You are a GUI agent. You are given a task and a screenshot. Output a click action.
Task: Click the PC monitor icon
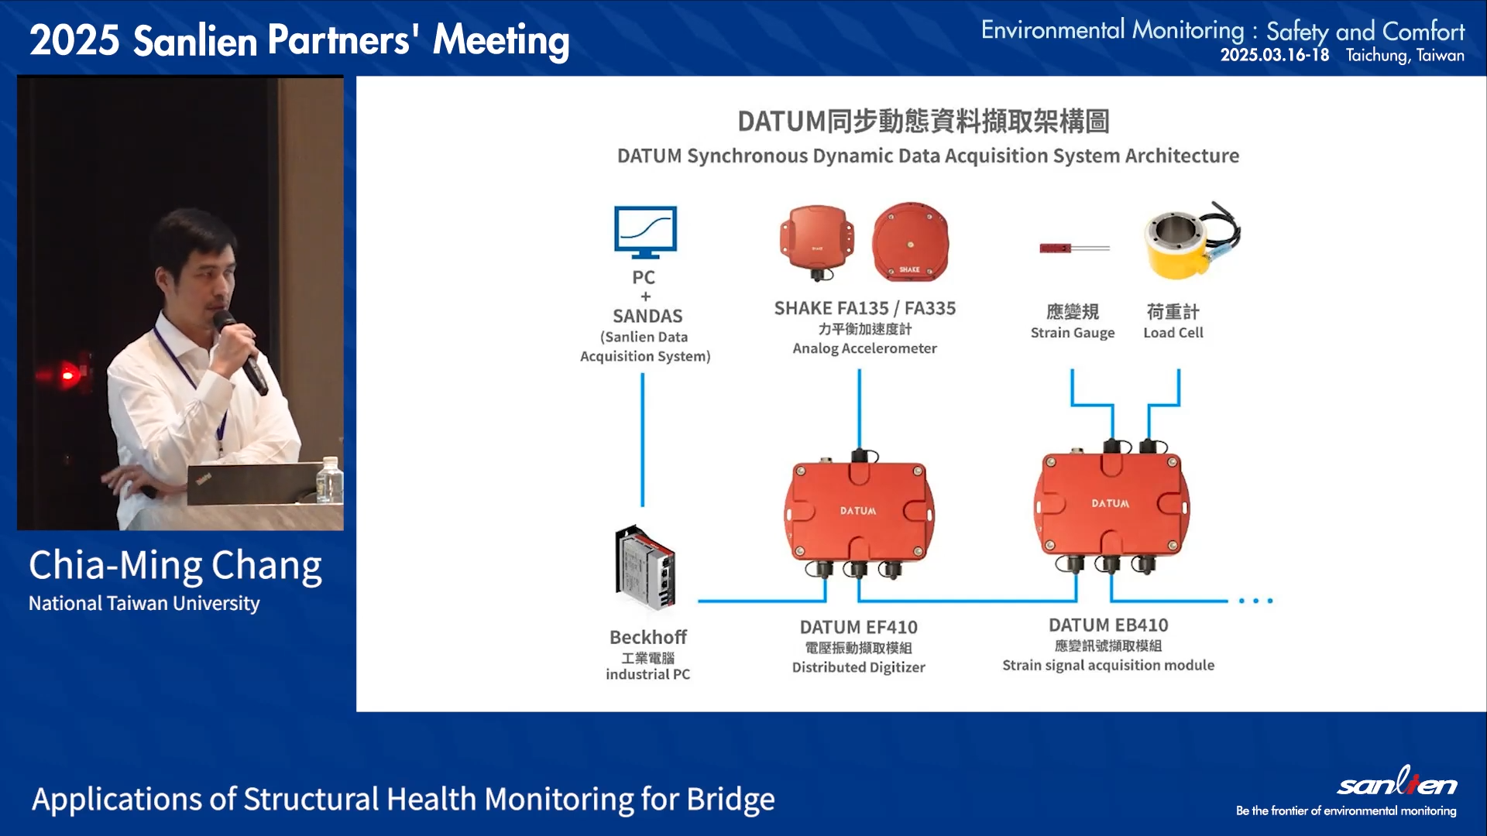pos(645,231)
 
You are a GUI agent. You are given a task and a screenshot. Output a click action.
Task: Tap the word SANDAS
pos(647,316)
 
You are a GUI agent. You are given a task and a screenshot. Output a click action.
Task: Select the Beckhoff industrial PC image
pos(645,569)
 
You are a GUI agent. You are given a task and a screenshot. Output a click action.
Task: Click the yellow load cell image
pos(1190,240)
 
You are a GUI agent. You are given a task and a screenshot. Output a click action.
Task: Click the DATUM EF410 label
pos(858,627)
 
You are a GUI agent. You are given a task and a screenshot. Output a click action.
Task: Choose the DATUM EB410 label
pos(1108,625)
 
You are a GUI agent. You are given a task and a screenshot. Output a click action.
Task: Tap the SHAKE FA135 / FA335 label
pos(864,308)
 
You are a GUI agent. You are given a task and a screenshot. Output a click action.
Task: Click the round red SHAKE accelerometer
pos(910,242)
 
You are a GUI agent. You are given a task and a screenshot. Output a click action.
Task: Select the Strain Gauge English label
pos(1073,333)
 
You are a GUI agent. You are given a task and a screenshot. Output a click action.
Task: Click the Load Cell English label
pos(1173,333)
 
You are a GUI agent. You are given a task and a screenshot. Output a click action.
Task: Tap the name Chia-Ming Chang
pos(175,566)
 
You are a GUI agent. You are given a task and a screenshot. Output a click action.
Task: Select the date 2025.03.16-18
pos(1274,56)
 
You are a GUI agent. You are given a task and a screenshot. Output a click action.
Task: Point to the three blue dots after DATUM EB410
pos(1255,601)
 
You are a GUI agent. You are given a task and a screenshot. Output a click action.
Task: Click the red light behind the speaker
pos(68,375)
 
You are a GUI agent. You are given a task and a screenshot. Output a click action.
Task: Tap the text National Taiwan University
pos(144,604)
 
